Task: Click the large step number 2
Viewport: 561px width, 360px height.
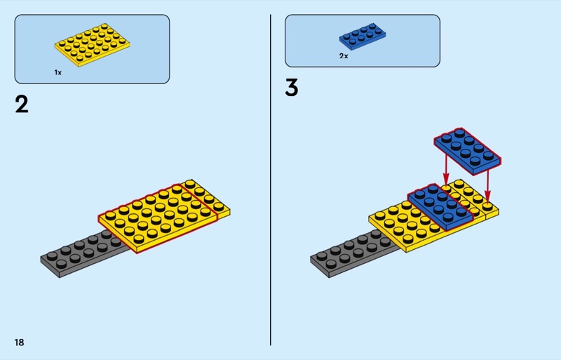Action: (x=22, y=105)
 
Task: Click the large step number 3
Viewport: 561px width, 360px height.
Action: (x=292, y=88)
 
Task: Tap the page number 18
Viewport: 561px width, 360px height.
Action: (x=20, y=342)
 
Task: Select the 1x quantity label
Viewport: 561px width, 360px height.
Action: (x=58, y=72)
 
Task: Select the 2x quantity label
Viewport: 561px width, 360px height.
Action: (x=344, y=56)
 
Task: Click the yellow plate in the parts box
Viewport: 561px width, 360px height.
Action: (x=93, y=45)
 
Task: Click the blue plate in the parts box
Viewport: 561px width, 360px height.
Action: (x=363, y=36)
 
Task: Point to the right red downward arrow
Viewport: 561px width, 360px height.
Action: (x=487, y=185)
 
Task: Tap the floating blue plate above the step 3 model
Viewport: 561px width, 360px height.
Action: (x=467, y=151)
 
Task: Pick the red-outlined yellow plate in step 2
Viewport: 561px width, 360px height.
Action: (x=158, y=218)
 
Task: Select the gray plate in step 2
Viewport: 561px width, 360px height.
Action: (x=85, y=253)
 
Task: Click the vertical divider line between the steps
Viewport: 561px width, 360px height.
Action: (x=271, y=180)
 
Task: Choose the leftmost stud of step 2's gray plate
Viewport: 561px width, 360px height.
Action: (x=52, y=255)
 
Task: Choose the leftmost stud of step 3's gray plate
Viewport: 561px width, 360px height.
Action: (x=322, y=255)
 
